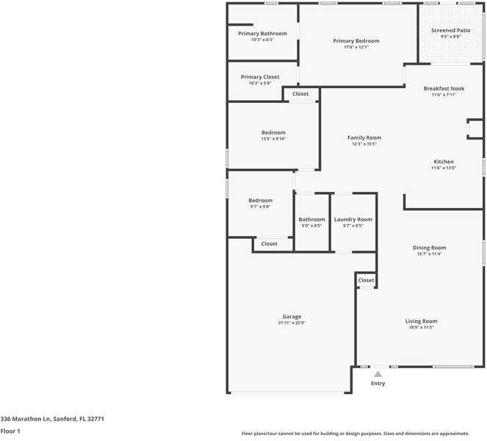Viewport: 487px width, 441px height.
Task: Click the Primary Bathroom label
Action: coord(262,33)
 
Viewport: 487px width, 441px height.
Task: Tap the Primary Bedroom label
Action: coord(356,40)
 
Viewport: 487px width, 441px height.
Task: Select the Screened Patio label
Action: coord(451,30)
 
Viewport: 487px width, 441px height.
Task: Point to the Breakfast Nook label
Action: coord(444,88)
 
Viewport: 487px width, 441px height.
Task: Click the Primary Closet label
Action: coord(260,76)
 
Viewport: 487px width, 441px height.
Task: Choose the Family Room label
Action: coord(364,137)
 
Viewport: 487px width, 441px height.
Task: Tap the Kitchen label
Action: coord(444,161)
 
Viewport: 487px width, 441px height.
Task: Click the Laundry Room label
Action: coord(353,219)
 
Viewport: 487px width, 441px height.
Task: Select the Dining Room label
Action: coord(430,248)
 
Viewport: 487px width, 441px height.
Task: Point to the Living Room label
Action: coord(422,320)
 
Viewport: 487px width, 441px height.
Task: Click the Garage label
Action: coord(292,316)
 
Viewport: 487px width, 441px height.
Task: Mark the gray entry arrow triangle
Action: coord(378,374)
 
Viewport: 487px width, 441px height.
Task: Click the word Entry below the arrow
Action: coord(378,383)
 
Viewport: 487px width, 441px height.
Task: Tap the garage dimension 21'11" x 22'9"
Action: coord(292,323)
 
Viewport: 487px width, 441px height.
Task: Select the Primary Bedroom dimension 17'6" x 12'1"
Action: coord(356,47)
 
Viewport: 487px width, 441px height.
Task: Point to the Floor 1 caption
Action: coord(10,431)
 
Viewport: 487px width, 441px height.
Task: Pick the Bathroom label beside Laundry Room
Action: coord(311,219)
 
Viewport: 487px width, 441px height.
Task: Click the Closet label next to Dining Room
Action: coord(366,280)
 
